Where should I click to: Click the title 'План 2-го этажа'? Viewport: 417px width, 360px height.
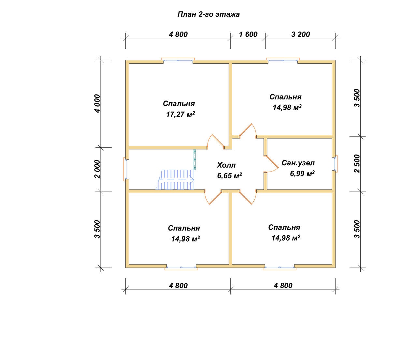point(208,15)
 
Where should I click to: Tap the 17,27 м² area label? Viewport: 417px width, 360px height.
point(180,114)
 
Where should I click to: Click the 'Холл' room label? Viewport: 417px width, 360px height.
point(226,165)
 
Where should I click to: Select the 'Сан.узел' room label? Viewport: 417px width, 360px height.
point(298,163)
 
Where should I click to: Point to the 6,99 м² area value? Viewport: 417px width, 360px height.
point(302,173)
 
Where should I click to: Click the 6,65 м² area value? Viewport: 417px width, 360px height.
point(230,175)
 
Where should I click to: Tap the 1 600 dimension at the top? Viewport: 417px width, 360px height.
point(248,34)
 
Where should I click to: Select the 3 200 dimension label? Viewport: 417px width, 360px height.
point(301,34)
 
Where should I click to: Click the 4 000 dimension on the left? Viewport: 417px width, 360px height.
point(97,104)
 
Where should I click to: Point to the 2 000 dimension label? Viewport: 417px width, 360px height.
point(97,169)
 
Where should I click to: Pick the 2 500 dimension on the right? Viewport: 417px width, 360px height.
point(357,164)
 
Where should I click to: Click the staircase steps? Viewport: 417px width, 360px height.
point(175,180)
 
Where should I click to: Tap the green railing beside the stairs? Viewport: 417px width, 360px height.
point(195,159)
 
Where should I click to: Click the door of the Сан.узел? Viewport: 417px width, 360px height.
point(271,164)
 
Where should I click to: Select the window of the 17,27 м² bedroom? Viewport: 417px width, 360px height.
point(178,60)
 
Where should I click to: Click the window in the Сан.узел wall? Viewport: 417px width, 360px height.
point(335,164)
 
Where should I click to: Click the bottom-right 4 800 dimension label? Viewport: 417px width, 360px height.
point(283,286)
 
